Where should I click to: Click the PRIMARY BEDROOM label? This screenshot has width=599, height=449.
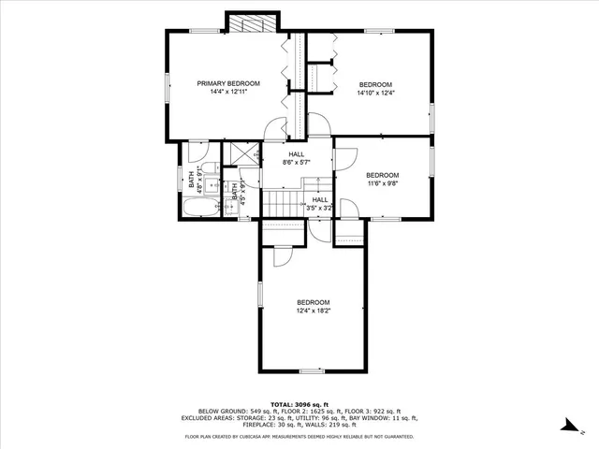(x=227, y=83)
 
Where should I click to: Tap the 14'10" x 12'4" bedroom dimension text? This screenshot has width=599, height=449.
(x=375, y=93)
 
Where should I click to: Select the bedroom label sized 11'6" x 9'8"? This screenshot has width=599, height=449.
(x=382, y=176)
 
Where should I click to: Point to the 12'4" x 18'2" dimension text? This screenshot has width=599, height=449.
(x=313, y=311)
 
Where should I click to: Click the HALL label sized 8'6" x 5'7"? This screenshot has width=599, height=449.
(x=297, y=154)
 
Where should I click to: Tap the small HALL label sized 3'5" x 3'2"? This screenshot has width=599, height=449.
(x=319, y=199)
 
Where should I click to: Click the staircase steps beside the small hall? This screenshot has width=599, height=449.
(x=278, y=203)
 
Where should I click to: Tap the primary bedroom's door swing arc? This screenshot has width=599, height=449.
(x=274, y=130)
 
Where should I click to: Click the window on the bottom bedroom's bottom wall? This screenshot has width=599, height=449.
(x=312, y=371)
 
